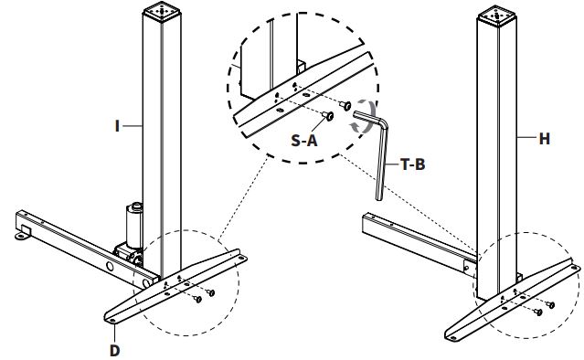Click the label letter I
tap(117, 126)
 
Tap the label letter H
tap(544, 139)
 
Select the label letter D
tap(115, 350)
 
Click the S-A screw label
tap(304, 141)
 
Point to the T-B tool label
tap(413, 164)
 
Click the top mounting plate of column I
tap(162, 10)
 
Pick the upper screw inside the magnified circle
tap(345, 106)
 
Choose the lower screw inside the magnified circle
tap(328, 116)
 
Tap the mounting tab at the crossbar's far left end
tap(22, 236)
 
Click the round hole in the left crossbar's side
tap(110, 266)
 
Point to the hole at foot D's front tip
tap(111, 321)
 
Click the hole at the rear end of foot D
tap(240, 258)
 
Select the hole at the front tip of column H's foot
tap(453, 338)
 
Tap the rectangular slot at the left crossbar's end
tap(26, 229)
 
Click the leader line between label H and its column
tap(527, 138)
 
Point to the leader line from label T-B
tap(393, 164)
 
